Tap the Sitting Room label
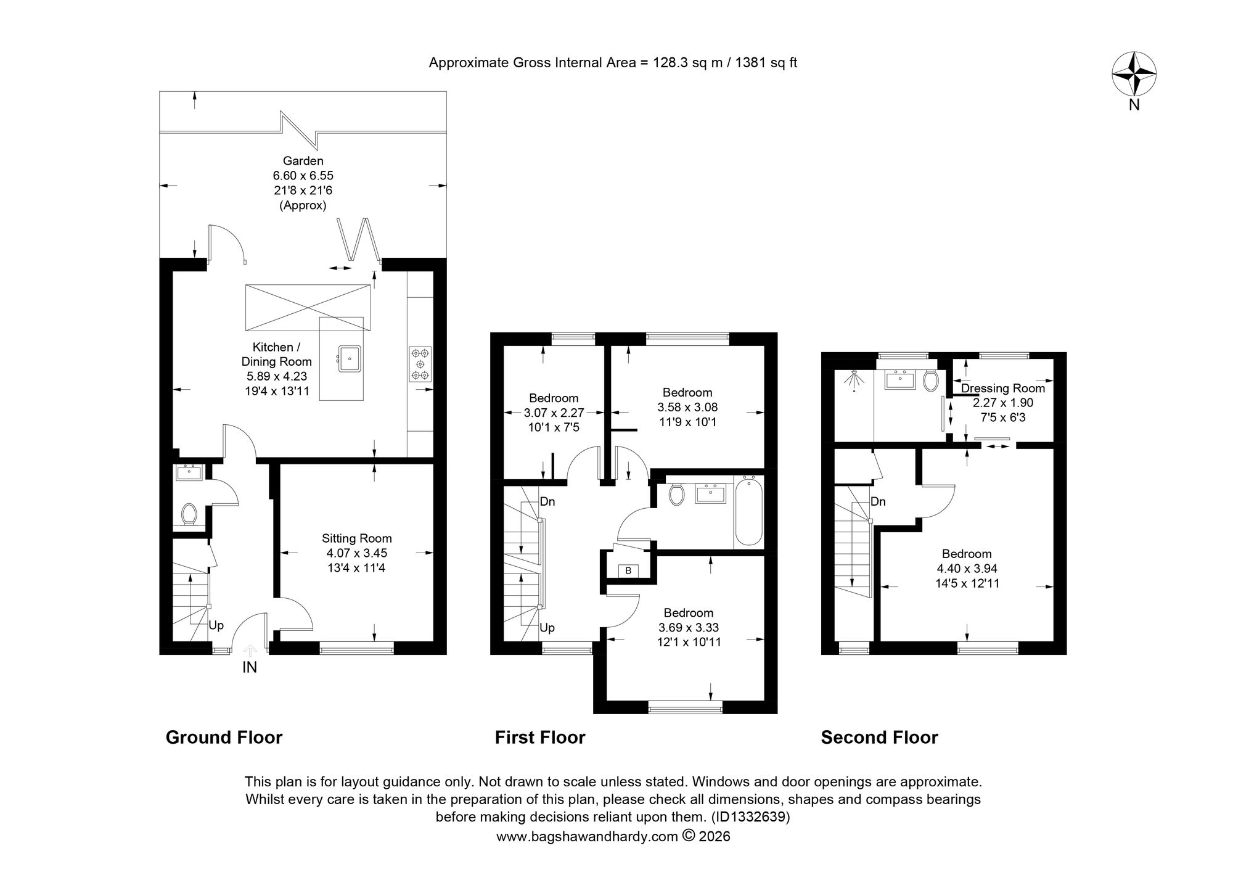point(356,538)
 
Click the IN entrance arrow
point(250,651)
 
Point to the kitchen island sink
point(349,358)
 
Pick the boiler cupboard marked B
point(628,571)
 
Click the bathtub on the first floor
point(748,511)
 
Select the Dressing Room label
point(1003,388)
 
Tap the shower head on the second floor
point(853,381)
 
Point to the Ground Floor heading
point(224,738)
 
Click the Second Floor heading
point(879,738)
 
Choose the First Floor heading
point(540,738)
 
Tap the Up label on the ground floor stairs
point(216,625)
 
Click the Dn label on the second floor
point(878,501)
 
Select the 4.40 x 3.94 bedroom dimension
point(967,569)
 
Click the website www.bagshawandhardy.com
point(586,854)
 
